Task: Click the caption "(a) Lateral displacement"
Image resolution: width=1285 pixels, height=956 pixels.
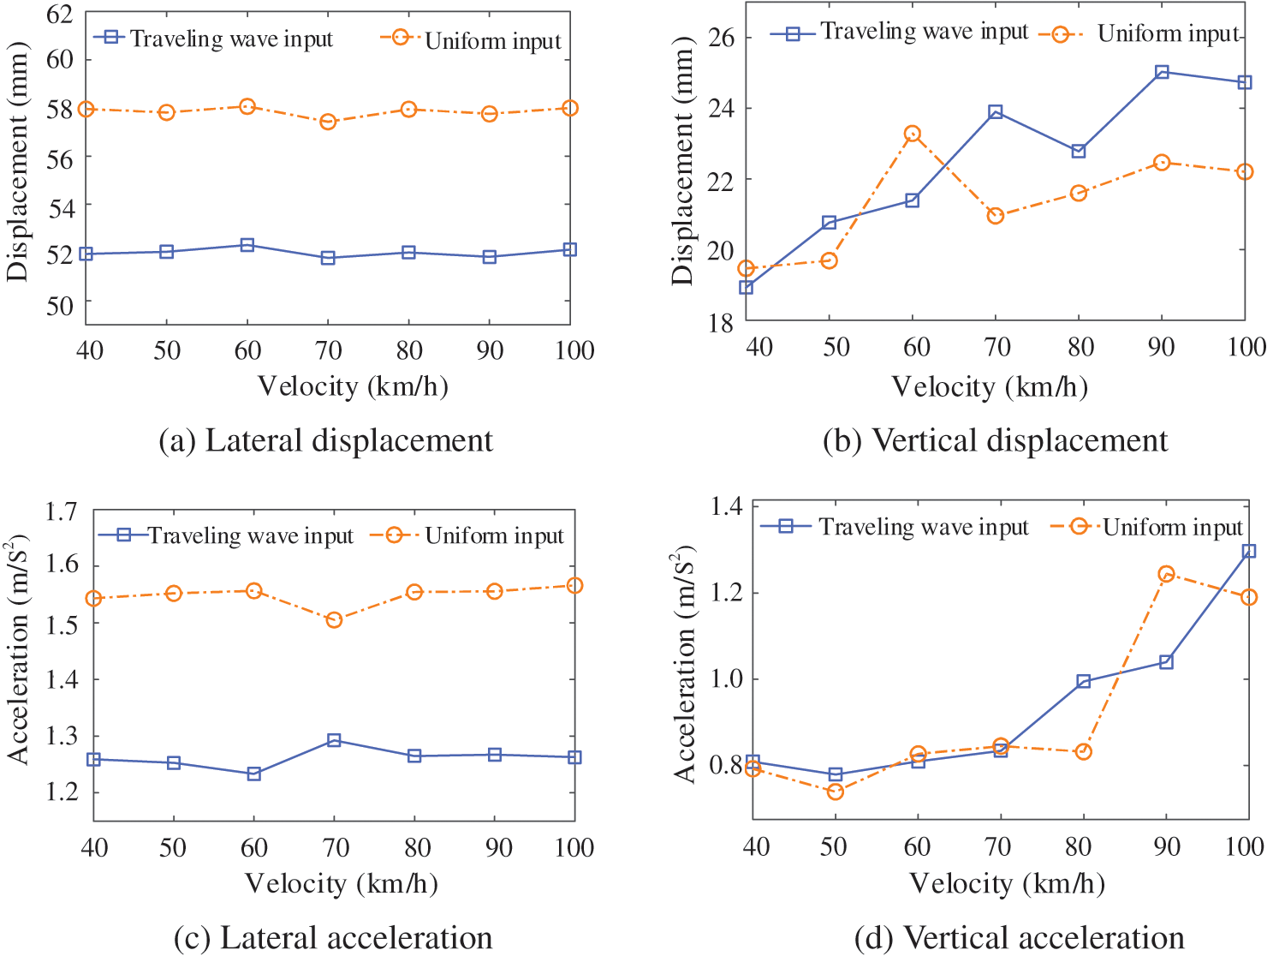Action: pos(325,440)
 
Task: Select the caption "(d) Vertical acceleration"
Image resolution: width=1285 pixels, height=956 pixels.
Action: pos(1019,938)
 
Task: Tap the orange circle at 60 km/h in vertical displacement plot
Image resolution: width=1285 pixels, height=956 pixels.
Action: pos(912,134)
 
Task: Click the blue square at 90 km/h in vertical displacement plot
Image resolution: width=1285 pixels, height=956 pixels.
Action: pos(1162,72)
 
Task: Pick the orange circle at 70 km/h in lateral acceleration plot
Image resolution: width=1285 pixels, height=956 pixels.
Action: pos(334,619)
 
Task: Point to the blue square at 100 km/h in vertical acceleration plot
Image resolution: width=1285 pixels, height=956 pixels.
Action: pos(1249,551)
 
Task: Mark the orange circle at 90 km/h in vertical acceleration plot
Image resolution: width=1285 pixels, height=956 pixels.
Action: pos(1166,574)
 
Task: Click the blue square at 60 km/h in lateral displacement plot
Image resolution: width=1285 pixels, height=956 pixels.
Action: pos(247,245)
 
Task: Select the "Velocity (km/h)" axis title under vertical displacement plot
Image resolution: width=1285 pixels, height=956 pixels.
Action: pos(989,386)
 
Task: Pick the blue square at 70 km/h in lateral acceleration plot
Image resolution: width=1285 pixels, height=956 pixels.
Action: pos(334,740)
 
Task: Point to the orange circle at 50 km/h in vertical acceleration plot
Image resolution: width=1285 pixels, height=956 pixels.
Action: pos(835,792)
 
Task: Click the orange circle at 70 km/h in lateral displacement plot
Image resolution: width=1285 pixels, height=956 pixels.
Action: pos(328,122)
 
